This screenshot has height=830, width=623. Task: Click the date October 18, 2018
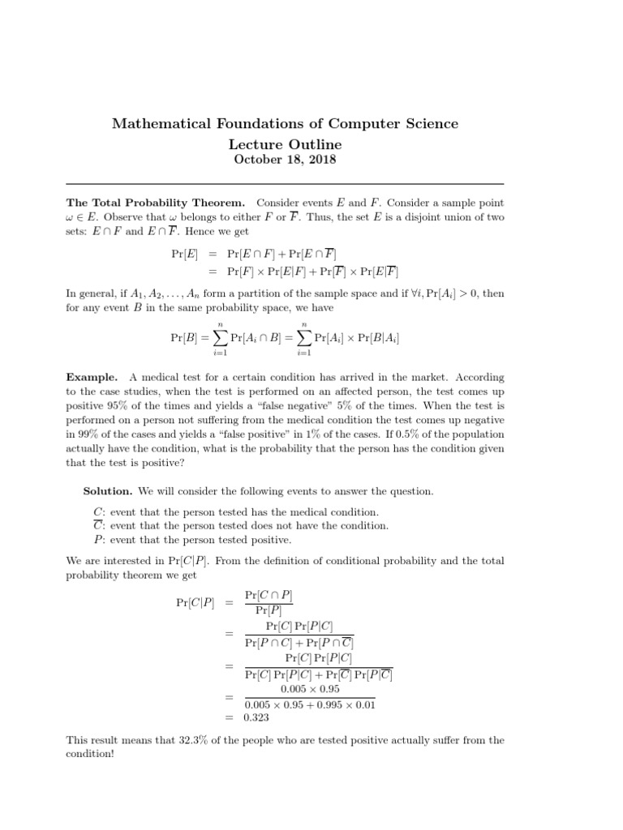pyautogui.click(x=285, y=159)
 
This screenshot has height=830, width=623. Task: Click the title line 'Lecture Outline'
pyautogui.click(x=285, y=143)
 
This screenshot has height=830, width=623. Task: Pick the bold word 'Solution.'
pyautogui.click(x=108, y=491)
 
